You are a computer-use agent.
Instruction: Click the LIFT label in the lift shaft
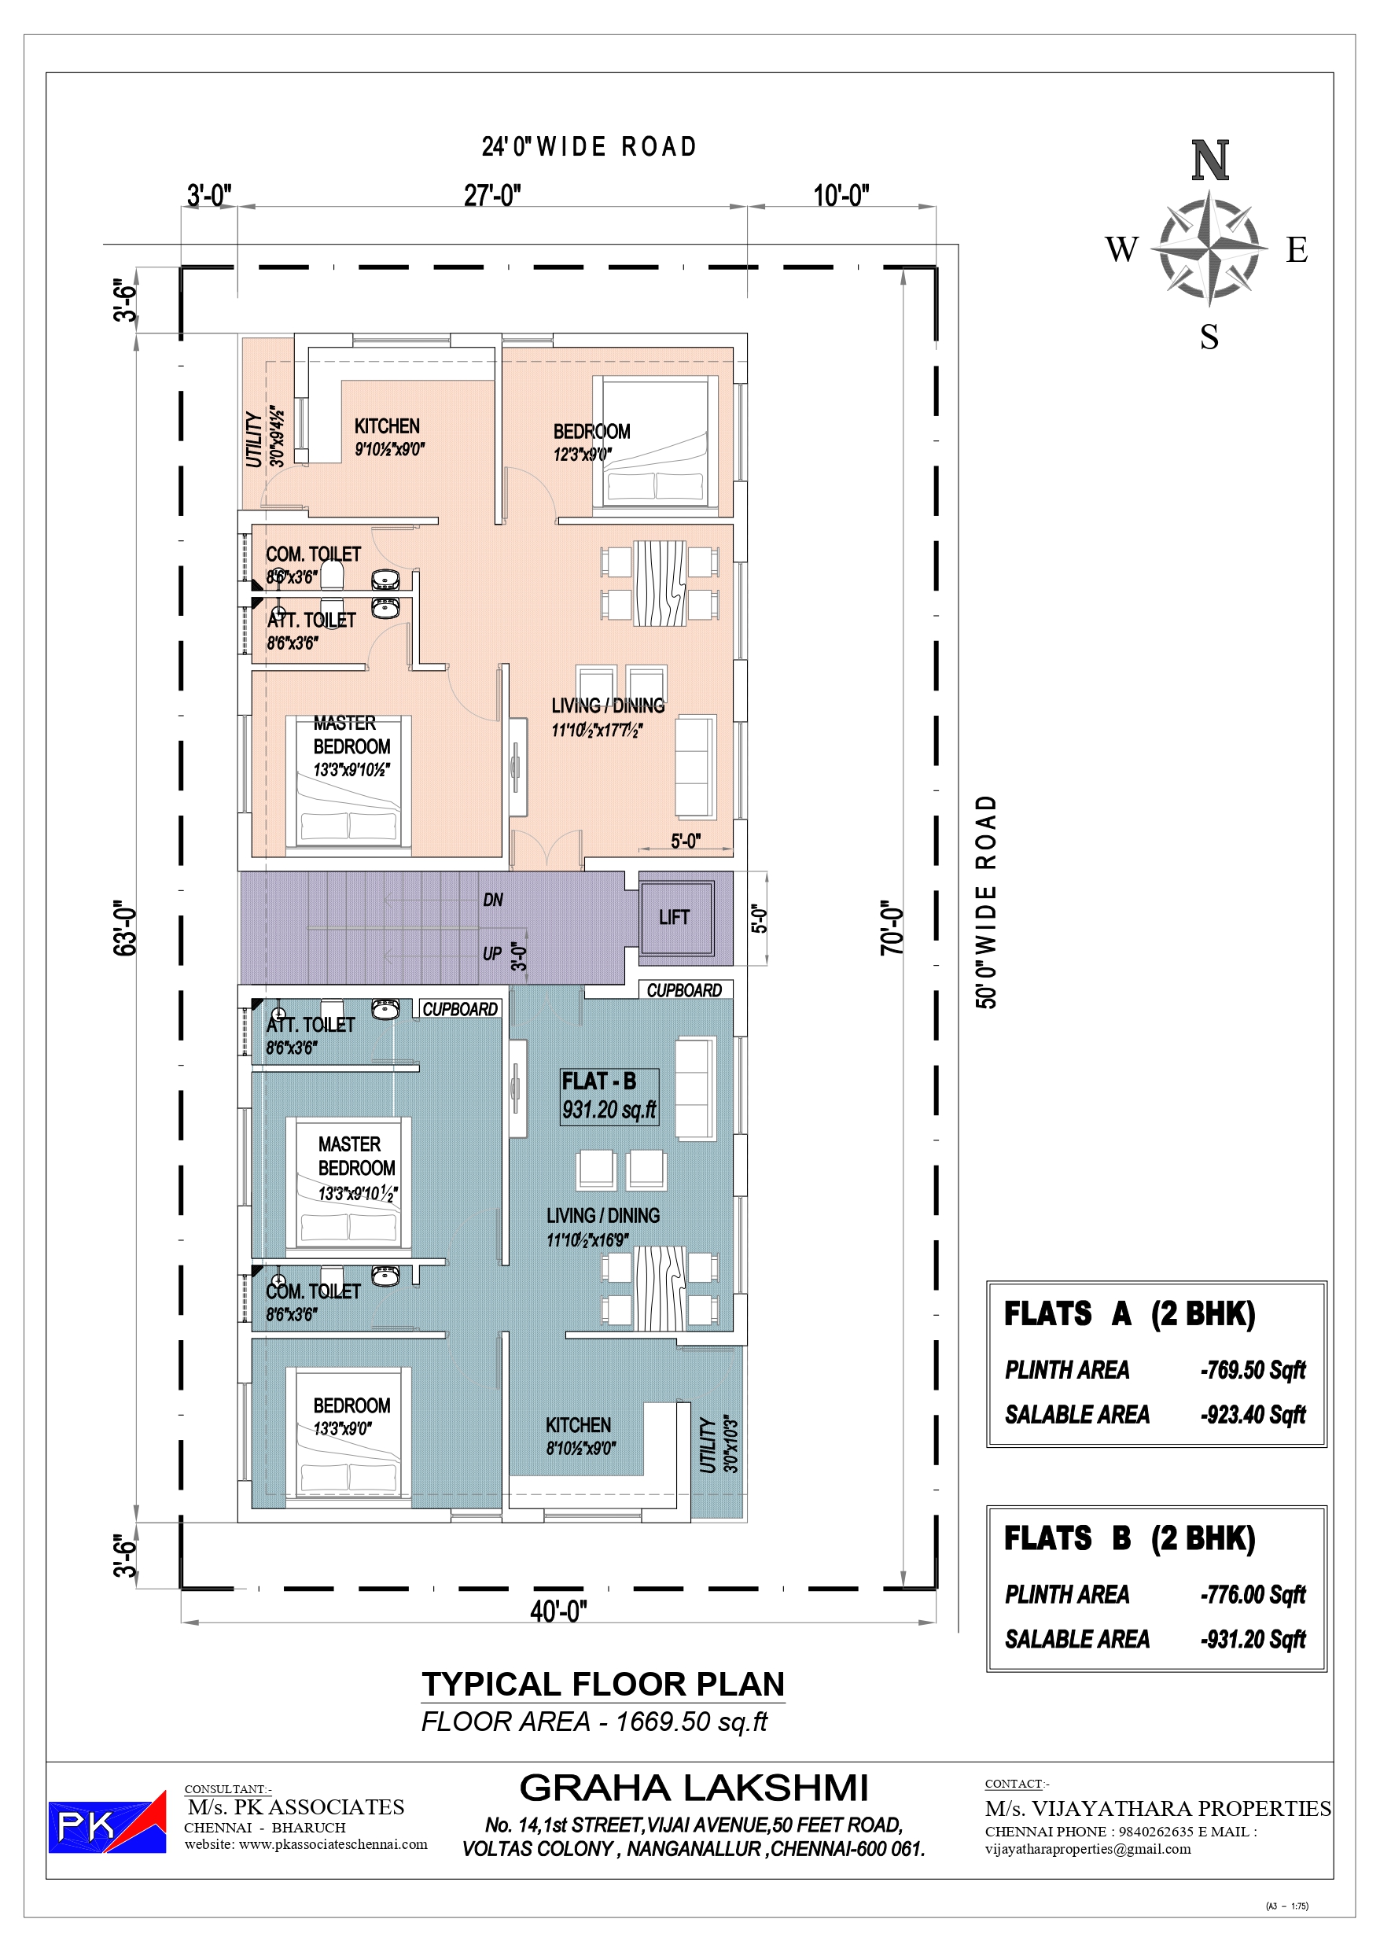pos(673,916)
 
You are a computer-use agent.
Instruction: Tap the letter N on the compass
pos(1210,160)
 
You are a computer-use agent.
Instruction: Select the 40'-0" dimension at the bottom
pos(558,1610)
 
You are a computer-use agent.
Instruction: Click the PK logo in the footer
pos(106,1822)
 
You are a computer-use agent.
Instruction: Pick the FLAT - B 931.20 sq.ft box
pos(609,1096)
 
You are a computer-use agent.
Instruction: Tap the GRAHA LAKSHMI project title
pos(694,1788)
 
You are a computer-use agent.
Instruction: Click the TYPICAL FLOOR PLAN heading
pos(603,1683)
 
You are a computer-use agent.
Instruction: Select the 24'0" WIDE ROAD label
pos(589,147)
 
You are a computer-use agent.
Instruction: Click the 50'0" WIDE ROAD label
pos(985,902)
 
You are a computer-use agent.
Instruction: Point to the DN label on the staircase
pos(493,900)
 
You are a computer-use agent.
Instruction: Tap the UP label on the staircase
pos(492,954)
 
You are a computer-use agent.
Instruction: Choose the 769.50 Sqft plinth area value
pos(1253,1370)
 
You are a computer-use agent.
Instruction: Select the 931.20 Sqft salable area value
pos(1253,1638)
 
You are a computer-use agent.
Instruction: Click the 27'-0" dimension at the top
pos(492,196)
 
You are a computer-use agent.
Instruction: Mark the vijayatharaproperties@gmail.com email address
pos(1087,1848)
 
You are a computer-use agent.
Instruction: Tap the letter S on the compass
pos(1209,337)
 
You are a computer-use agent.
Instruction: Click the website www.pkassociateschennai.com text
pos(306,1844)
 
